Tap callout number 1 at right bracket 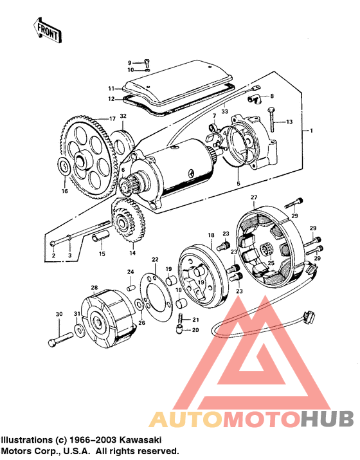pos(312,131)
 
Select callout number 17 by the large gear pos(112,118)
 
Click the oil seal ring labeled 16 pos(64,167)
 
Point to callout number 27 pos(253,196)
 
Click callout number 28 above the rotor pos(94,287)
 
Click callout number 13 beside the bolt pos(289,122)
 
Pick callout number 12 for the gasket pos(111,98)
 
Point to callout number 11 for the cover pos(111,88)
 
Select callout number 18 pos(210,237)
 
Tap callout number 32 pos(123,116)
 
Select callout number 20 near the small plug pos(196,330)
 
